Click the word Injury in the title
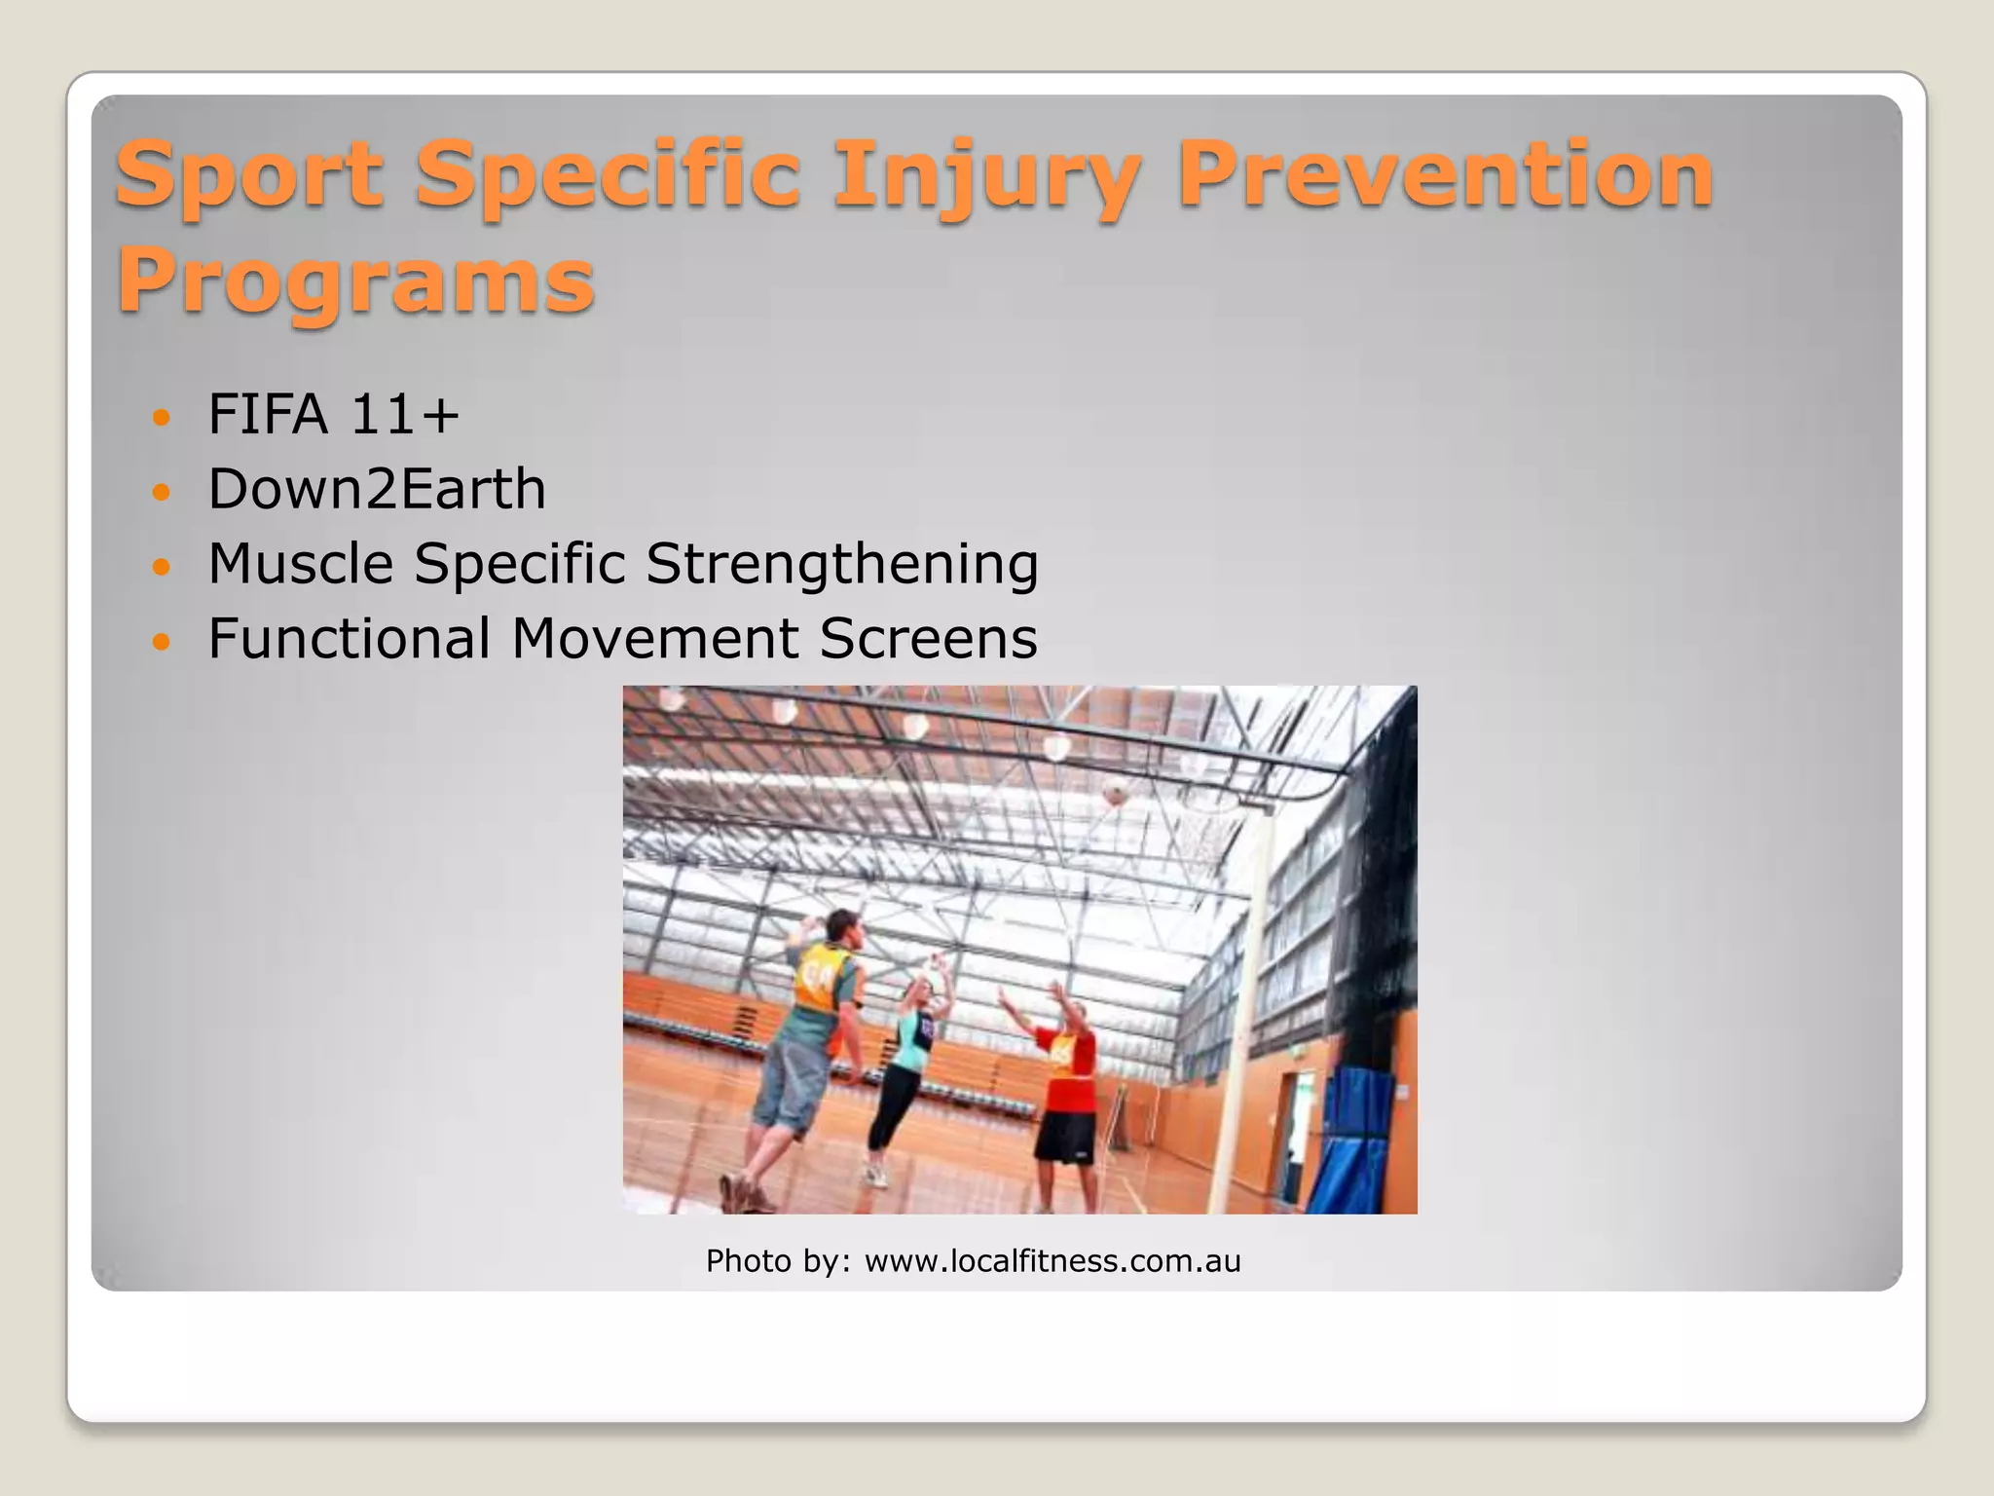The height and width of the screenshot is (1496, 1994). [x=986, y=175]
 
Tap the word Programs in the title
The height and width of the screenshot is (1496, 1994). [x=355, y=281]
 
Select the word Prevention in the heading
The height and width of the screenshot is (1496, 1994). [x=1445, y=175]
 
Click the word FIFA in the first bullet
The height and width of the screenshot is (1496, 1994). [x=268, y=414]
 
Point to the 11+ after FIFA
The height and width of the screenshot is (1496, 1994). [x=403, y=414]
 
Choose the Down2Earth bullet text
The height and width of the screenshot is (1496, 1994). [x=377, y=489]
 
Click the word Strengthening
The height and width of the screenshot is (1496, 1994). [x=842, y=565]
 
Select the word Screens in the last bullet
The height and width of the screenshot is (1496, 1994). [x=928, y=639]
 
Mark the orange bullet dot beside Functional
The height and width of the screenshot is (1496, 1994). [x=162, y=642]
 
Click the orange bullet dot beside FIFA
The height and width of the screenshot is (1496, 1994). [x=162, y=418]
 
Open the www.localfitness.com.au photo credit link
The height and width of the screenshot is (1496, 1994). [x=1052, y=1261]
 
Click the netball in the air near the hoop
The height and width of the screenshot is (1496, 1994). [x=1116, y=792]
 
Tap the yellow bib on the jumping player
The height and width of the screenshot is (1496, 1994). [x=820, y=977]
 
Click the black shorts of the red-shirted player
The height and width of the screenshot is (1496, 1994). [x=1065, y=1136]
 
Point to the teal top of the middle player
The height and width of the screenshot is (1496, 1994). [x=912, y=1038]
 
